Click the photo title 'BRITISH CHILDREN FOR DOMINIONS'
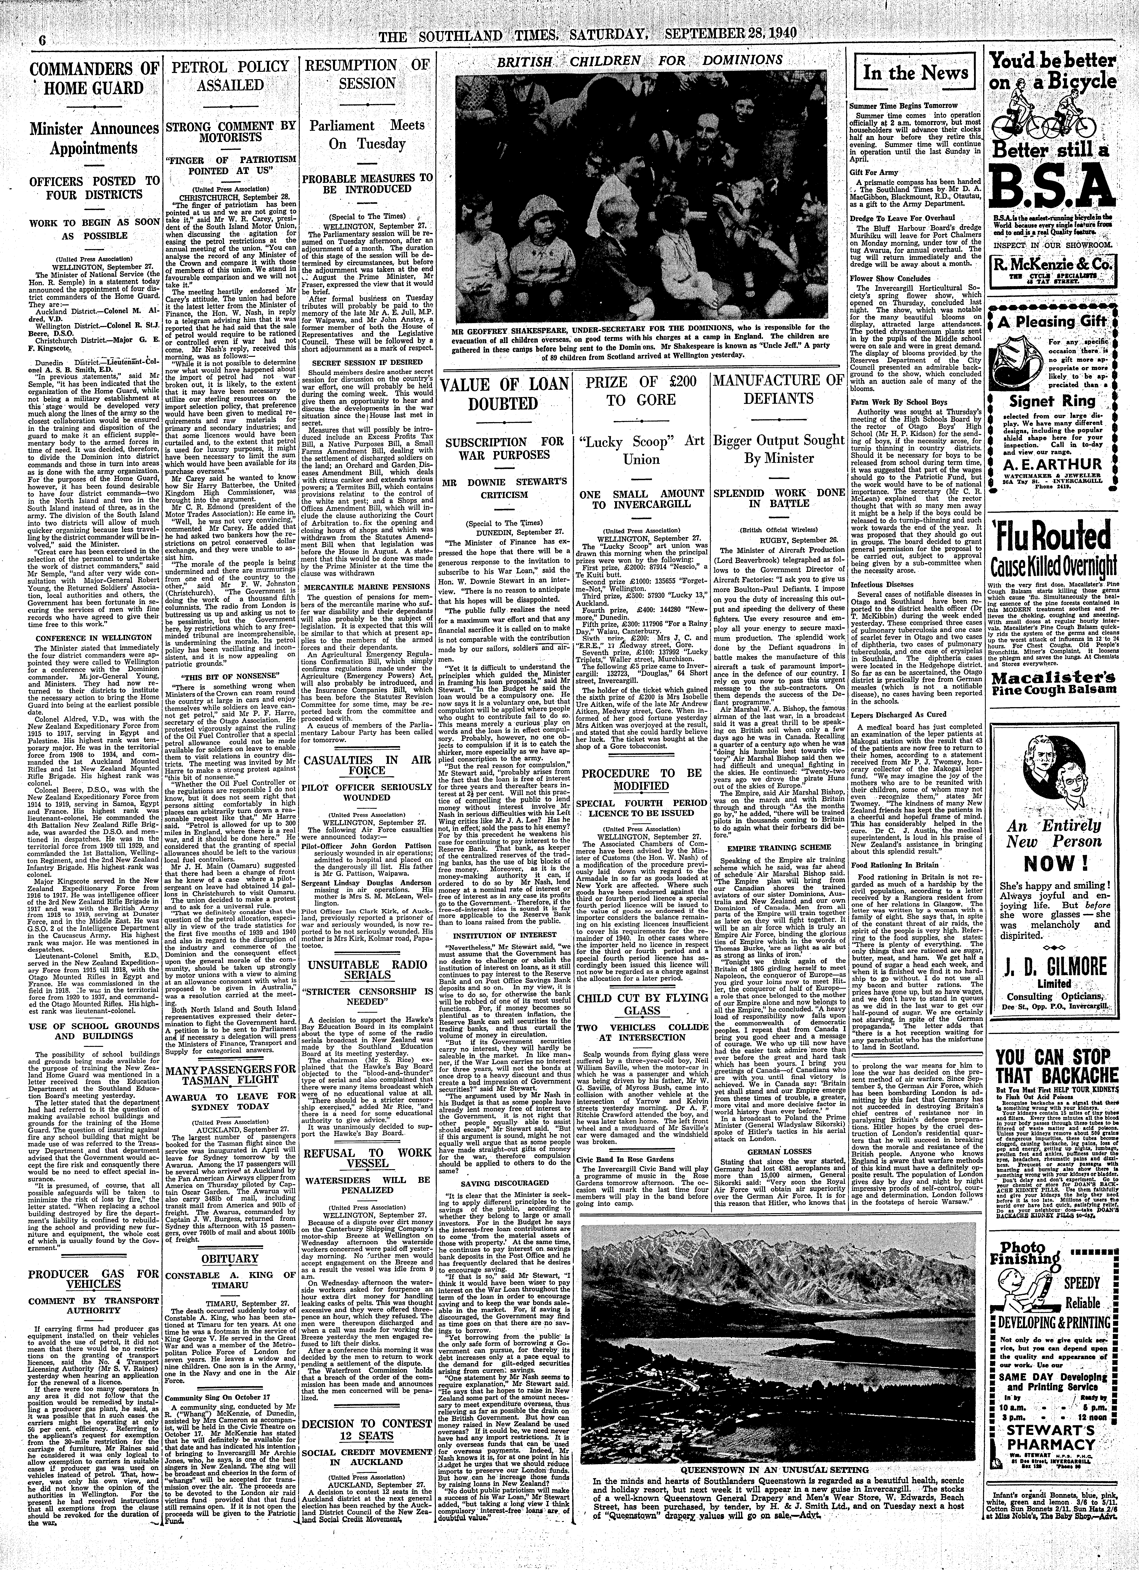644,60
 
